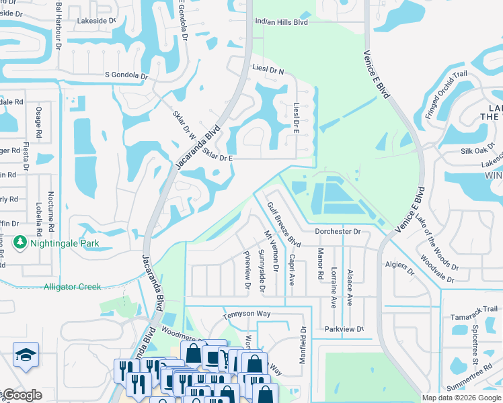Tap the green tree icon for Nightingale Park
pyautogui.click(x=20, y=242)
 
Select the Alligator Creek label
pyautogui.click(x=73, y=287)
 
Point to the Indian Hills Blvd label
pyautogui.click(x=281, y=22)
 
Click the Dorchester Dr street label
pyautogui.click(x=338, y=232)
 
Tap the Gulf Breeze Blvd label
pyautogui.click(x=284, y=224)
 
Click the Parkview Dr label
pyautogui.click(x=344, y=329)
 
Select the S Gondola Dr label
pyautogui.click(x=126, y=75)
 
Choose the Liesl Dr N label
pyautogui.click(x=268, y=71)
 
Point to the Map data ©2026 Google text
pyautogui.click(x=461, y=398)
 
